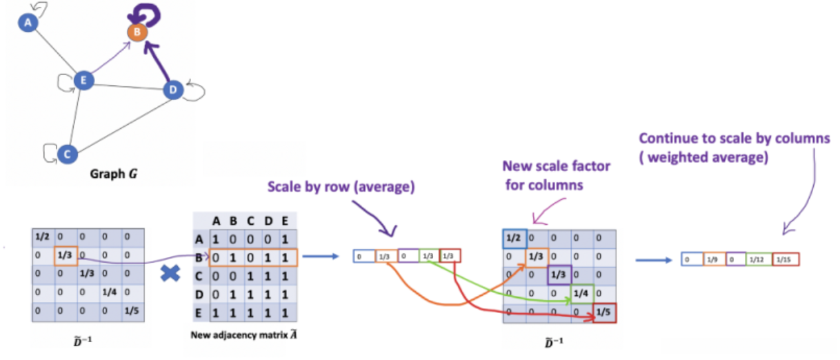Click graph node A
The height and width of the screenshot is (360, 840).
(x=28, y=23)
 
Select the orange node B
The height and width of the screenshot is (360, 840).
(x=137, y=31)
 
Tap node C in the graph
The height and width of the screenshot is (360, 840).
(x=66, y=154)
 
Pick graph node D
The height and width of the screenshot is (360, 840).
(x=172, y=90)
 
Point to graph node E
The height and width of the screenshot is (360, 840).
(x=83, y=81)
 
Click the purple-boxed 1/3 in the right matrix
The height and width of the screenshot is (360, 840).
(x=559, y=275)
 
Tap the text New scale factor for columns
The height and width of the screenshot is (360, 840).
(x=557, y=175)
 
